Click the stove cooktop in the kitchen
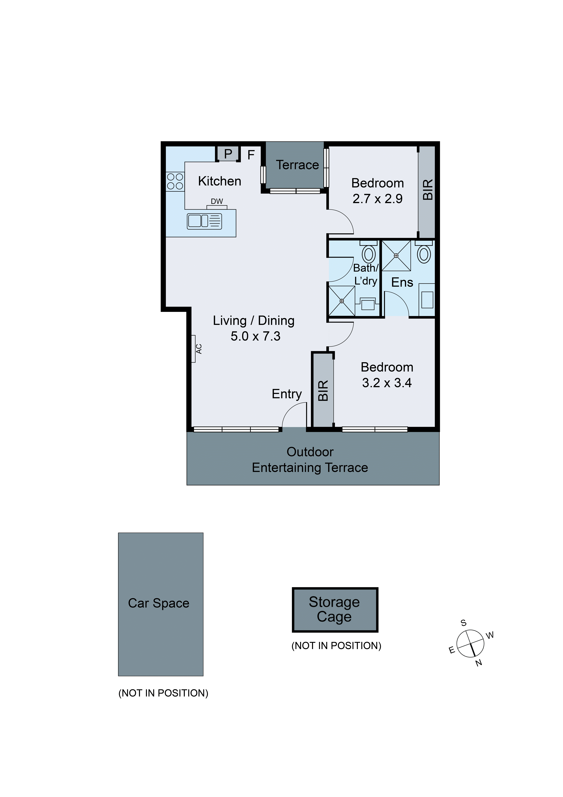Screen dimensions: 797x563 coord(175,181)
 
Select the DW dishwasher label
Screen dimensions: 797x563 coord(217,201)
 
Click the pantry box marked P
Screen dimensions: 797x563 coord(228,153)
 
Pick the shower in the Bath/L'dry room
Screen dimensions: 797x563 coord(342,301)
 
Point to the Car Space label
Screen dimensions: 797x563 coord(159,603)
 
